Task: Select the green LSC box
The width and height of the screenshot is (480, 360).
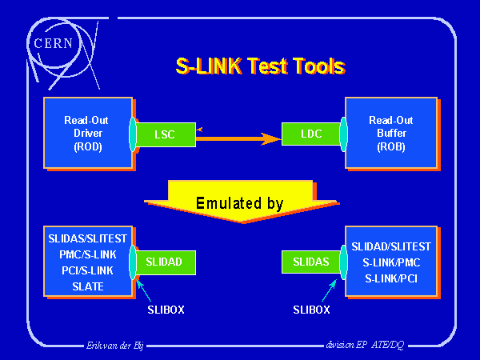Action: [x=165, y=134]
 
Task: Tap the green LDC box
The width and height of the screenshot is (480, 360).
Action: [x=310, y=134]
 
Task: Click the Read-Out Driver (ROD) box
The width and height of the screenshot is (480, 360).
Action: [x=86, y=134]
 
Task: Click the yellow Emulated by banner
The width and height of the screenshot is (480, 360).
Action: [x=239, y=203]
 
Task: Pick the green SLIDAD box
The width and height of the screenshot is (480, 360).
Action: [x=165, y=261]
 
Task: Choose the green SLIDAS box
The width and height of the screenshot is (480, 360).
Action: [x=310, y=261]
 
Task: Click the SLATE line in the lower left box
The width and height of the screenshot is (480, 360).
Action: [x=86, y=286]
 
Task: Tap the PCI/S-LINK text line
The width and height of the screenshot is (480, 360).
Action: [x=86, y=270]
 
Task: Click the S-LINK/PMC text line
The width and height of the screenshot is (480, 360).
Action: [x=391, y=262]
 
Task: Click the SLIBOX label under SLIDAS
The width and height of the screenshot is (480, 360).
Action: [x=311, y=308]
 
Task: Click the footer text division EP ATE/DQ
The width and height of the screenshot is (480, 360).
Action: [x=365, y=345]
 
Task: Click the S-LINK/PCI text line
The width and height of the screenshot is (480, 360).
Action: [x=391, y=278]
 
